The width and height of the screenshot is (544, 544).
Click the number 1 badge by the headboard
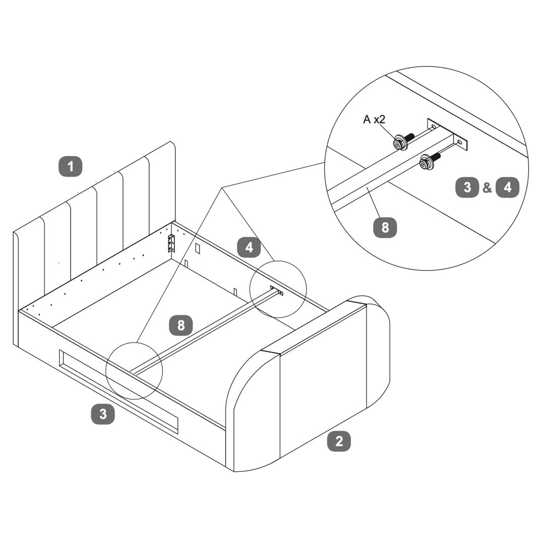coord(71,166)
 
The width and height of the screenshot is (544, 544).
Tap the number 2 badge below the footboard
coord(339,441)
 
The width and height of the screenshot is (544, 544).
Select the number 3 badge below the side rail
coord(103,414)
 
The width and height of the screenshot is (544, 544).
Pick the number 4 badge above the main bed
coord(249,247)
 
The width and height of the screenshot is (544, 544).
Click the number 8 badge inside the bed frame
coord(181,325)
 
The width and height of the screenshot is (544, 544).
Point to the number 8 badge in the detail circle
coord(385,227)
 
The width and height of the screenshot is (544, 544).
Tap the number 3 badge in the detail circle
coord(467,187)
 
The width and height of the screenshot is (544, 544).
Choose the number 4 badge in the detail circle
coord(507,187)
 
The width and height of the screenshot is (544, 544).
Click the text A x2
coord(374,119)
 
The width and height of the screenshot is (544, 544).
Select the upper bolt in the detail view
coord(403,141)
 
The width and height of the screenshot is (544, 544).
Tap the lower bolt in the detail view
coord(429,161)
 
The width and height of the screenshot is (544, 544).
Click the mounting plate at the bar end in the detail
coord(447,135)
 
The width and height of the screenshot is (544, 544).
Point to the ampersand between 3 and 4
coord(487,188)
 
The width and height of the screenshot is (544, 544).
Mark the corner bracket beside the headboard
coord(171,243)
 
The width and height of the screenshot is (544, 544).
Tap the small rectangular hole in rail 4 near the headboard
coord(197,248)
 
